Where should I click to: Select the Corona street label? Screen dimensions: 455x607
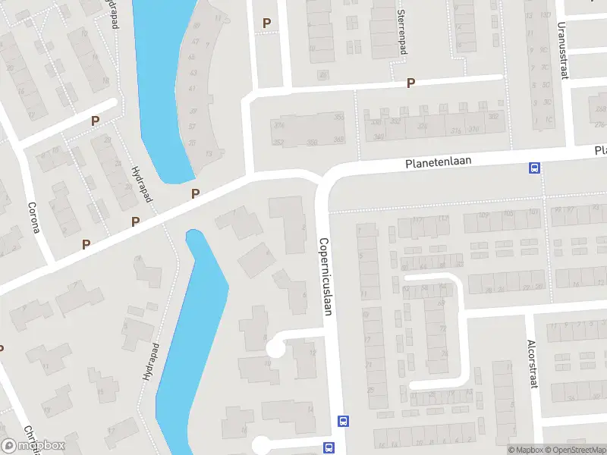pos(33,217)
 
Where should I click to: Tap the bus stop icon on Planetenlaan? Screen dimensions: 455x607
pos(535,168)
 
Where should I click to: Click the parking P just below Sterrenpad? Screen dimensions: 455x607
pos(411,83)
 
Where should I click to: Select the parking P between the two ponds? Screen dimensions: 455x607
pos(196,194)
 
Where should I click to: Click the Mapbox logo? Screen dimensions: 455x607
pos(33,445)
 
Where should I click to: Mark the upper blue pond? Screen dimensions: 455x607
pos(161,83)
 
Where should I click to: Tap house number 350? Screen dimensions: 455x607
pos(311,142)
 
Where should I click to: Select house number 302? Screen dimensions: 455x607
pos(493,117)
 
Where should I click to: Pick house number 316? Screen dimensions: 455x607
pos(456,130)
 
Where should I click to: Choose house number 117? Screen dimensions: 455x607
pos(418,220)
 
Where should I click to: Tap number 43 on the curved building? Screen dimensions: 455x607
pos(193,74)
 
